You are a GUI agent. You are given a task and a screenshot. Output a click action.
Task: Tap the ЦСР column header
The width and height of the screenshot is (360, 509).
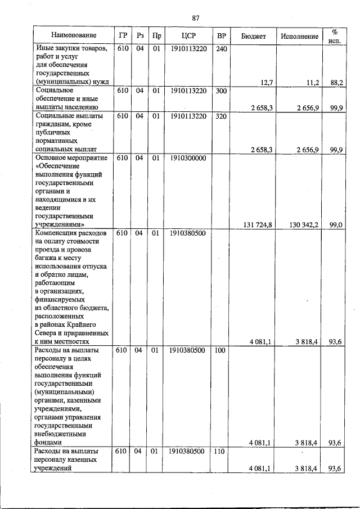point(188,36)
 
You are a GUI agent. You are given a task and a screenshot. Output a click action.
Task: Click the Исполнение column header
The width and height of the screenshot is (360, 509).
point(299,36)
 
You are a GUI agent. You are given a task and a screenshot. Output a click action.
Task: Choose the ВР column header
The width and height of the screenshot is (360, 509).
point(222,36)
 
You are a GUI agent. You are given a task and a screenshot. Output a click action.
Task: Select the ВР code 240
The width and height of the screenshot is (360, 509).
point(221,49)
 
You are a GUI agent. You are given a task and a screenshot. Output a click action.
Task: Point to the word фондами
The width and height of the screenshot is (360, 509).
point(48,443)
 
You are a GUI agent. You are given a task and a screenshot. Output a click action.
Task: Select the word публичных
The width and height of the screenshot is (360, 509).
point(53,133)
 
